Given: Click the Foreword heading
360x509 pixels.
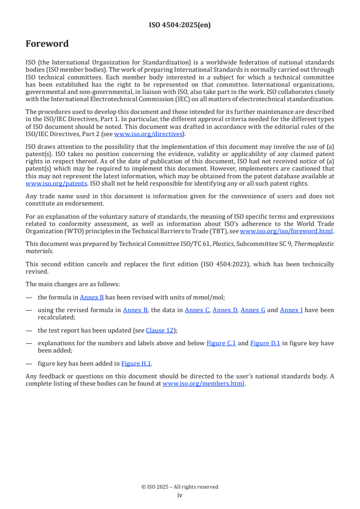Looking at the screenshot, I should [47, 44].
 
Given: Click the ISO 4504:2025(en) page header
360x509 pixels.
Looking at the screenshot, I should [180, 25].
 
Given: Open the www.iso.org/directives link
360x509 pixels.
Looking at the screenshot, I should [148, 134].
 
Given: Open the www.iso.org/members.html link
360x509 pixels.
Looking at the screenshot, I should [203, 383].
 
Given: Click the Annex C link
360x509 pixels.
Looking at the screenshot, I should [197, 310].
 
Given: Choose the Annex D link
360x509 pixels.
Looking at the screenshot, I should [225, 310].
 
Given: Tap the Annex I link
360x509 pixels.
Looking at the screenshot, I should [291, 310].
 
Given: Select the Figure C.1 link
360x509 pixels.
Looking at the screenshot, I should [221, 343].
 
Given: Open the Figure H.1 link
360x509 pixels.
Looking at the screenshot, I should [136, 363].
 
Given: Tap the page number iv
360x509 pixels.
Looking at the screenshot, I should [180, 495].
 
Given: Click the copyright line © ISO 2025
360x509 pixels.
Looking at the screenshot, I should [180, 487].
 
